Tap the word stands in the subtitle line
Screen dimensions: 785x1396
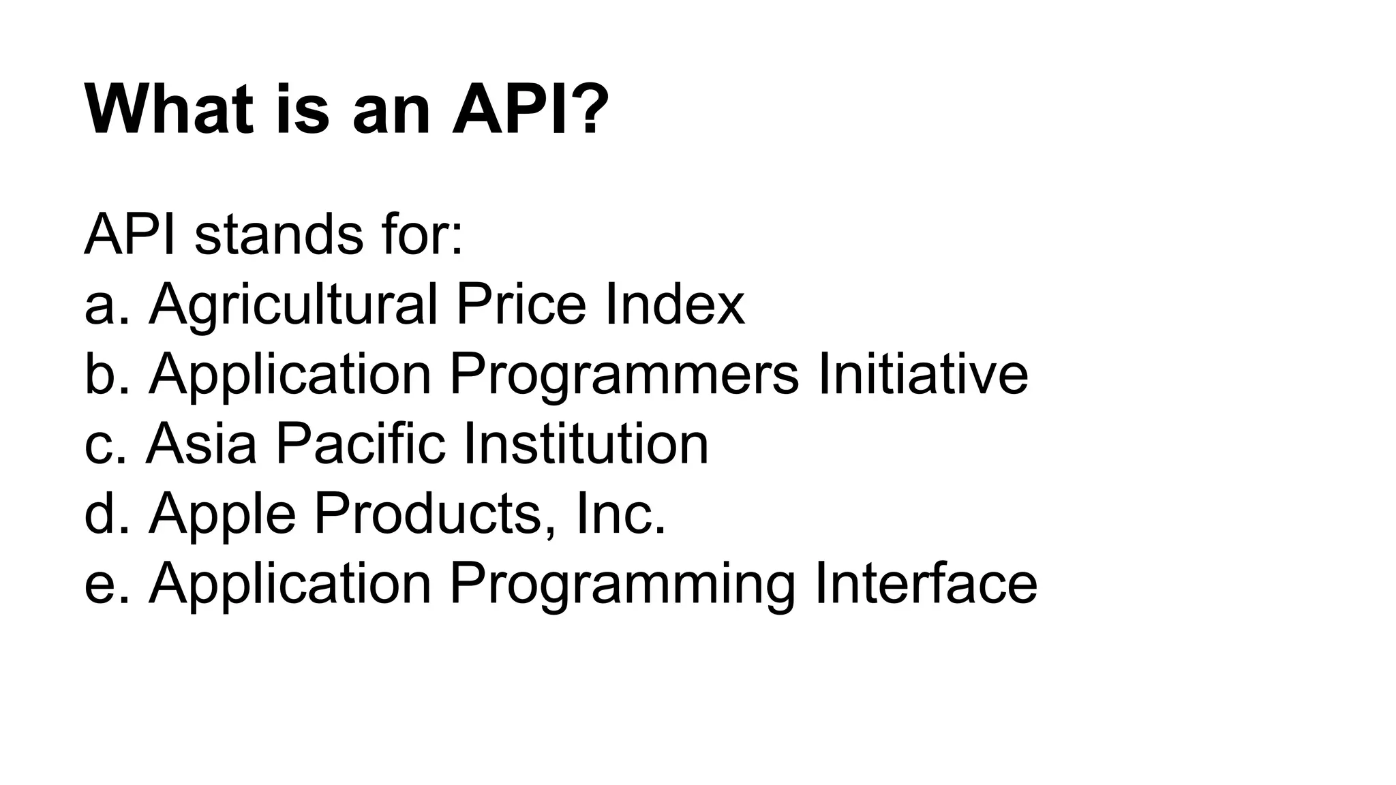coord(279,235)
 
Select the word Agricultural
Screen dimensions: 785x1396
coord(293,305)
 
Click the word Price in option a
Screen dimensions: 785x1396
coord(521,305)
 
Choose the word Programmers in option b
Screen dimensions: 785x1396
coord(624,374)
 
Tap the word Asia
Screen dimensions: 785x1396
coord(202,444)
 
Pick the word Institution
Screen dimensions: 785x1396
coord(586,444)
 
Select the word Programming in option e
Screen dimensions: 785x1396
coord(622,584)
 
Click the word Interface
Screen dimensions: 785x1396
coord(926,584)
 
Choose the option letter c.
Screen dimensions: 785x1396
coord(100,444)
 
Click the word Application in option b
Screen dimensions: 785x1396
coord(290,374)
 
